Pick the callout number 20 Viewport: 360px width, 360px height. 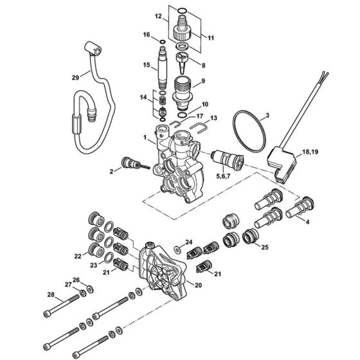(x=197, y=285)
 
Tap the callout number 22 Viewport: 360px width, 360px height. (x=78, y=256)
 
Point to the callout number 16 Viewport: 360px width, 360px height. (x=146, y=34)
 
